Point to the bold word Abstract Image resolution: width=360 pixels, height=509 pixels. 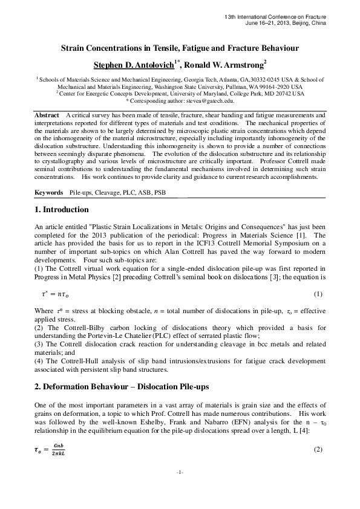coord(48,114)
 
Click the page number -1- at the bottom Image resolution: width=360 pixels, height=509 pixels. coord(180,488)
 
